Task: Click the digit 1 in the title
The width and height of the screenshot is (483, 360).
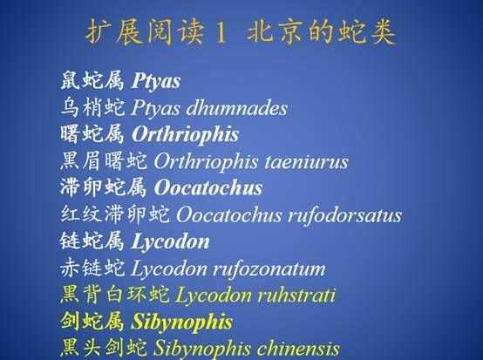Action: click(x=221, y=32)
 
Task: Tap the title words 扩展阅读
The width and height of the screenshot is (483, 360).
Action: click(x=145, y=32)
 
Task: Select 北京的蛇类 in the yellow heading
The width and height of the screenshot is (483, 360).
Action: click(x=322, y=32)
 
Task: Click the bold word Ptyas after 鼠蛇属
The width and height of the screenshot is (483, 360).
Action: click(x=156, y=81)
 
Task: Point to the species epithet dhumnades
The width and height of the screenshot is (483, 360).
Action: click(x=236, y=108)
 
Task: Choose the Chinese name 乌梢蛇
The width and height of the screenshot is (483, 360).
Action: click(x=92, y=107)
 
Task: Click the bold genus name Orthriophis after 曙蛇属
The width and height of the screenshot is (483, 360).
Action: click(x=185, y=134)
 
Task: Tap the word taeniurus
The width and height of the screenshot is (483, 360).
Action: click(x=306, y=161)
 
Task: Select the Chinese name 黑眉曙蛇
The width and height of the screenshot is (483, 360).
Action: click(x=104, y=161)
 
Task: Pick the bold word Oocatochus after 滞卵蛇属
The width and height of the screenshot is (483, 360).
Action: click(x=208, y=188)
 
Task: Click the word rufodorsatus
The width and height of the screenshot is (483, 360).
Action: click(x=344, y=215)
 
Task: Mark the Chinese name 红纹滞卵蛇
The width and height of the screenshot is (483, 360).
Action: click(x=114, y=214)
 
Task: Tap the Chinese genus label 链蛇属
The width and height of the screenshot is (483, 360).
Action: click(x=92, y=241)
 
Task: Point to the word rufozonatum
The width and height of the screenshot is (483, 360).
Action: click(x=269, y=268)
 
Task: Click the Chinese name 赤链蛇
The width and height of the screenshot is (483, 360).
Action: click(x=92, y=268)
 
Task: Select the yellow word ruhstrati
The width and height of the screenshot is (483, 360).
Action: click(x=296, y=295)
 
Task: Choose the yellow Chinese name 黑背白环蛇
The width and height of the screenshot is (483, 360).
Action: click(x=114, y=295)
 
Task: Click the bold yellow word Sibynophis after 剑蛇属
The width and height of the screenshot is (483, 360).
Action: click(x=181, y=323)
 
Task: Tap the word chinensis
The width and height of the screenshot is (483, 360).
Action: click(x=298, y=349)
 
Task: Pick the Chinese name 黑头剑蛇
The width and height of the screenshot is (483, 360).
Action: click(x=104, y=348)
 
